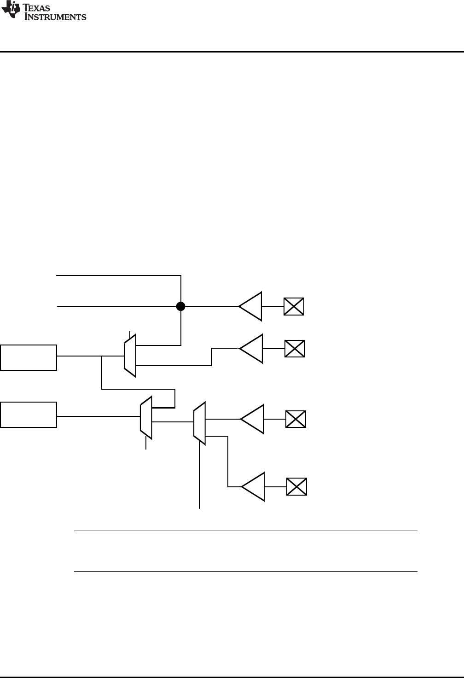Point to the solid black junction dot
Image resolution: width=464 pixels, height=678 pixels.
click(x=181, y=306)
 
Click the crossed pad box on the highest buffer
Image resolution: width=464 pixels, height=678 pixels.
click(x=294, y=306)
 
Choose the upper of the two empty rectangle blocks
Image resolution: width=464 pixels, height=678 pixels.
click(x=29, y=357)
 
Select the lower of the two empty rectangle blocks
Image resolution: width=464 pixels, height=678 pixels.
click(x=29, y=415)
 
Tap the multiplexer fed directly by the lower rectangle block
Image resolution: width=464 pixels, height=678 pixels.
click(x=146, y=416)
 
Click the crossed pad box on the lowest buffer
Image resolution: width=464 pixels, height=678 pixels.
click(x=296, y=486)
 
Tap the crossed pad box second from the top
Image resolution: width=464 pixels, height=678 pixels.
click(x=295, y=349)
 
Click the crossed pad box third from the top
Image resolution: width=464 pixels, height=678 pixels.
click(x=296, y=419)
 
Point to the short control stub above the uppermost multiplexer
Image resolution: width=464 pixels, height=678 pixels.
click(x=130, y=334)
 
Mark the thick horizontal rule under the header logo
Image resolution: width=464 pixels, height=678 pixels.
click(x=232, y=52)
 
